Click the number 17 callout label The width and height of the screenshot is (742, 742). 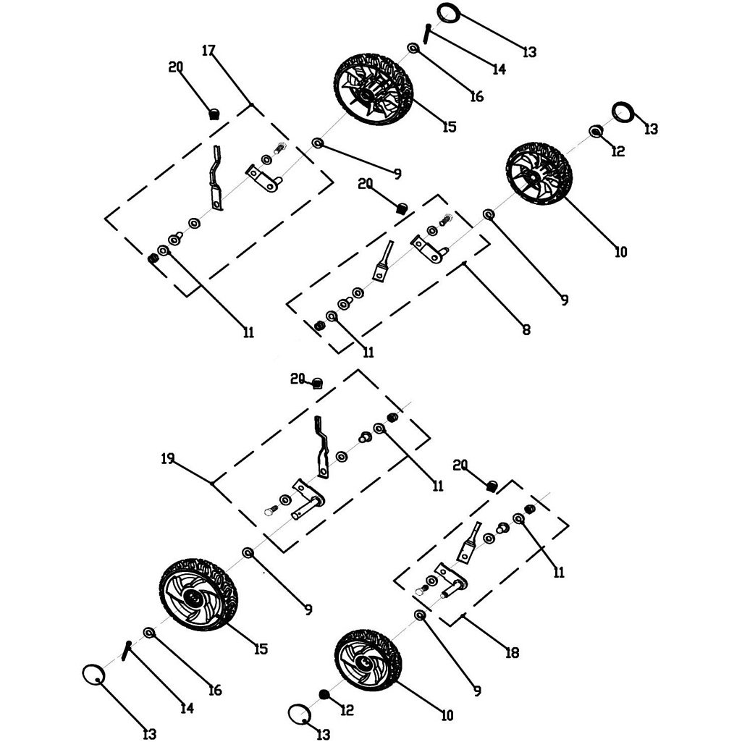pos(208,51)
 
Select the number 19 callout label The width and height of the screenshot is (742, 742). pos(168,459)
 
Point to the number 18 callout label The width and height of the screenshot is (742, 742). pos(512,653)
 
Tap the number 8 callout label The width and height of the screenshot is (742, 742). pos(526,330)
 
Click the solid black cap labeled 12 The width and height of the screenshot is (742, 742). pos(324,695)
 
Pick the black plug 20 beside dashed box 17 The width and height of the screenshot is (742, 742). pos(214,113)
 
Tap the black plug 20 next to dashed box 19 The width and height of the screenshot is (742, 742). pos(317,383)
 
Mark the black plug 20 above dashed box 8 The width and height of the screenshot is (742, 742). pos(400,208)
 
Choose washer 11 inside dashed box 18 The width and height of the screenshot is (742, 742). pos(518,519)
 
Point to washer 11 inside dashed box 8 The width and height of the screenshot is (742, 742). pos(332,316)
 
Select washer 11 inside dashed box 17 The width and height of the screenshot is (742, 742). pos(163,250)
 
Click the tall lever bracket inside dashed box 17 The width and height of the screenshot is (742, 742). pos(216,178)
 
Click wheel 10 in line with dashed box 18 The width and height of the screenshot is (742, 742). pos(368,659)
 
